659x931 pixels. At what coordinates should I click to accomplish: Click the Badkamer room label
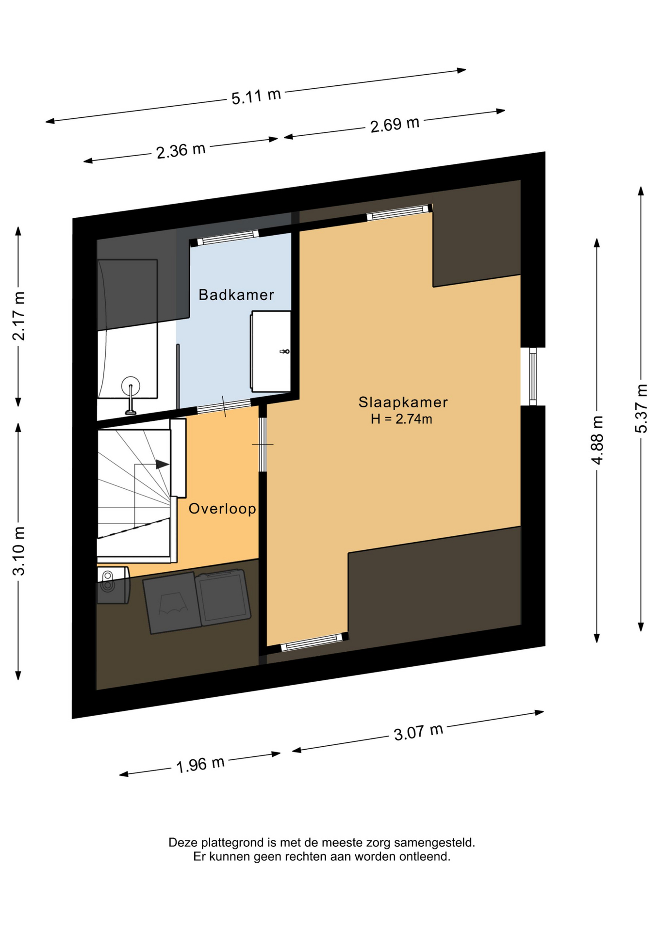click(236, 295)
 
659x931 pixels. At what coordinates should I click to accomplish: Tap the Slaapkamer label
click(403, 402)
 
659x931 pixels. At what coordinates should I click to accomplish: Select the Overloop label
click(222, 509)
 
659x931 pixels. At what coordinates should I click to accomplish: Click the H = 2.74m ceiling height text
click(401, 419)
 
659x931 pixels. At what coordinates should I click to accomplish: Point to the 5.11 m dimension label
click(256, 96)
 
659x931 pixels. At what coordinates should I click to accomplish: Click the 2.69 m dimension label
click(395, 125)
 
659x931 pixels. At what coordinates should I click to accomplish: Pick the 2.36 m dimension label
click(181, 150)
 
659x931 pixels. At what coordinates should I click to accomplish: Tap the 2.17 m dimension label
click(19, 316)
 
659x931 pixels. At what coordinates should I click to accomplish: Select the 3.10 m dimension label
click(19, 551)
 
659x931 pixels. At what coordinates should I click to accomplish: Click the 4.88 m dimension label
click(597, 440)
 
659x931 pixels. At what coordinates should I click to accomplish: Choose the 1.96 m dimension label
click(200, 765)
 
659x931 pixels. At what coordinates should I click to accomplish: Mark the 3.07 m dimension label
click(418, 732)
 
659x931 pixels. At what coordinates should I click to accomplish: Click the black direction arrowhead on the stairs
click(163, 465)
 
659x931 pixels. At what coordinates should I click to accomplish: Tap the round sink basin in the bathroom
click(131, 386)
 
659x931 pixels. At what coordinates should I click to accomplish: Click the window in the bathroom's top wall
click(224, 238)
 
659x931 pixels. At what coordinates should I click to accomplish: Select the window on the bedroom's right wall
click(533, 376)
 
